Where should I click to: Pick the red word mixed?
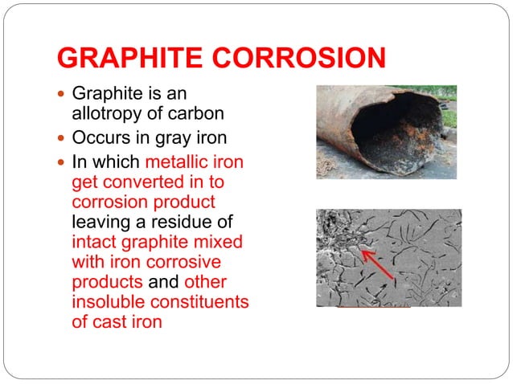tap(220, 242)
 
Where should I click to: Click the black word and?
tap(163, 282)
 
